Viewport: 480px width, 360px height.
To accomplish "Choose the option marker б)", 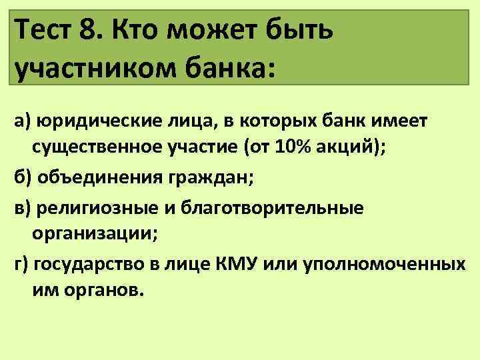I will pos(22,179).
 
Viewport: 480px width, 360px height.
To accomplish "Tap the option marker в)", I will pos(22,208).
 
